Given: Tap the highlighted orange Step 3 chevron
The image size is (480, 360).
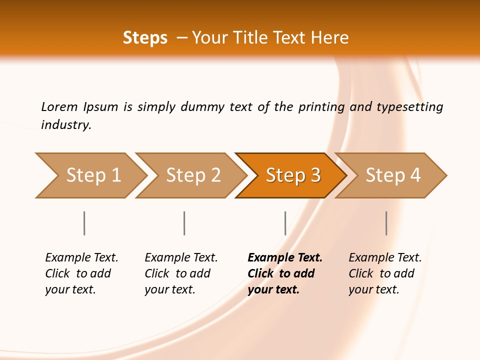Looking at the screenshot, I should tap(293, 175).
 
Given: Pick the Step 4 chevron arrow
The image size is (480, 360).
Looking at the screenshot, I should tap(393, 175).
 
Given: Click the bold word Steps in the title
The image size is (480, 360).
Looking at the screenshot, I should tap(145, 38).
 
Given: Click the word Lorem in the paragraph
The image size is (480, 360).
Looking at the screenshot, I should tap(59, 107).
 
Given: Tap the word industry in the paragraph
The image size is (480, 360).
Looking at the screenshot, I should tap(66, 125).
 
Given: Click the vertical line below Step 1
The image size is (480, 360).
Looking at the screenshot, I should tap(84, 223).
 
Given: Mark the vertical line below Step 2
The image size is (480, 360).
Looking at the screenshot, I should tap(184, 223).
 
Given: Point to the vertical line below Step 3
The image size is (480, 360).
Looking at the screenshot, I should tap(285, 223).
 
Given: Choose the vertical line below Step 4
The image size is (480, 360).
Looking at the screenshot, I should tap(386, 223).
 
